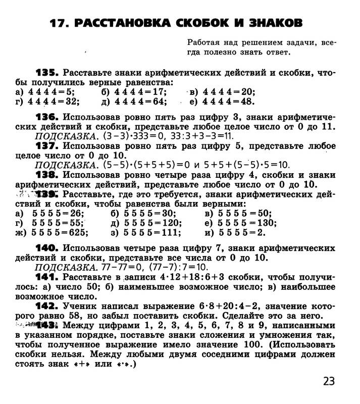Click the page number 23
click(x=329, y=381)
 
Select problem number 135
click(x=47, y=73)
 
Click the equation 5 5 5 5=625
click(x=60, y=232)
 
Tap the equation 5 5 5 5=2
click(x=235, y=232)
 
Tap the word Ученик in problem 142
click(x=80, y=307)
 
